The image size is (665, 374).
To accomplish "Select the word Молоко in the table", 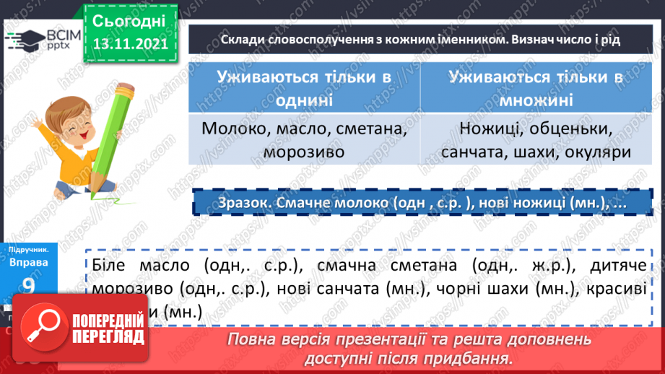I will point(227,131).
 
